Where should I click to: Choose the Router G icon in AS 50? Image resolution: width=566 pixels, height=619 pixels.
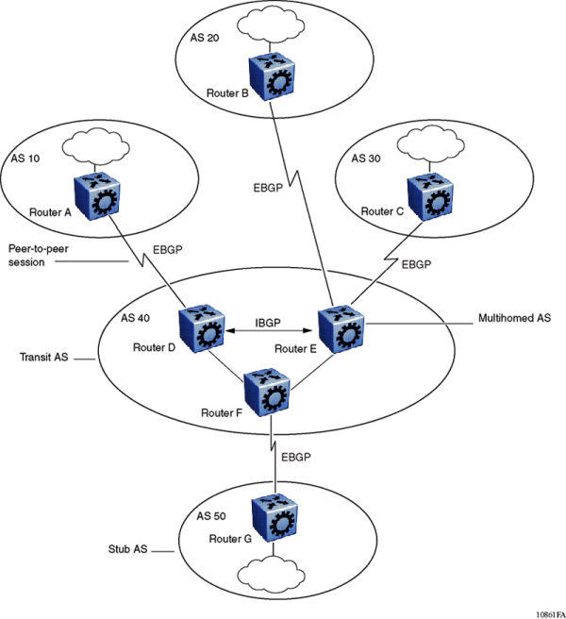pos(273,513)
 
